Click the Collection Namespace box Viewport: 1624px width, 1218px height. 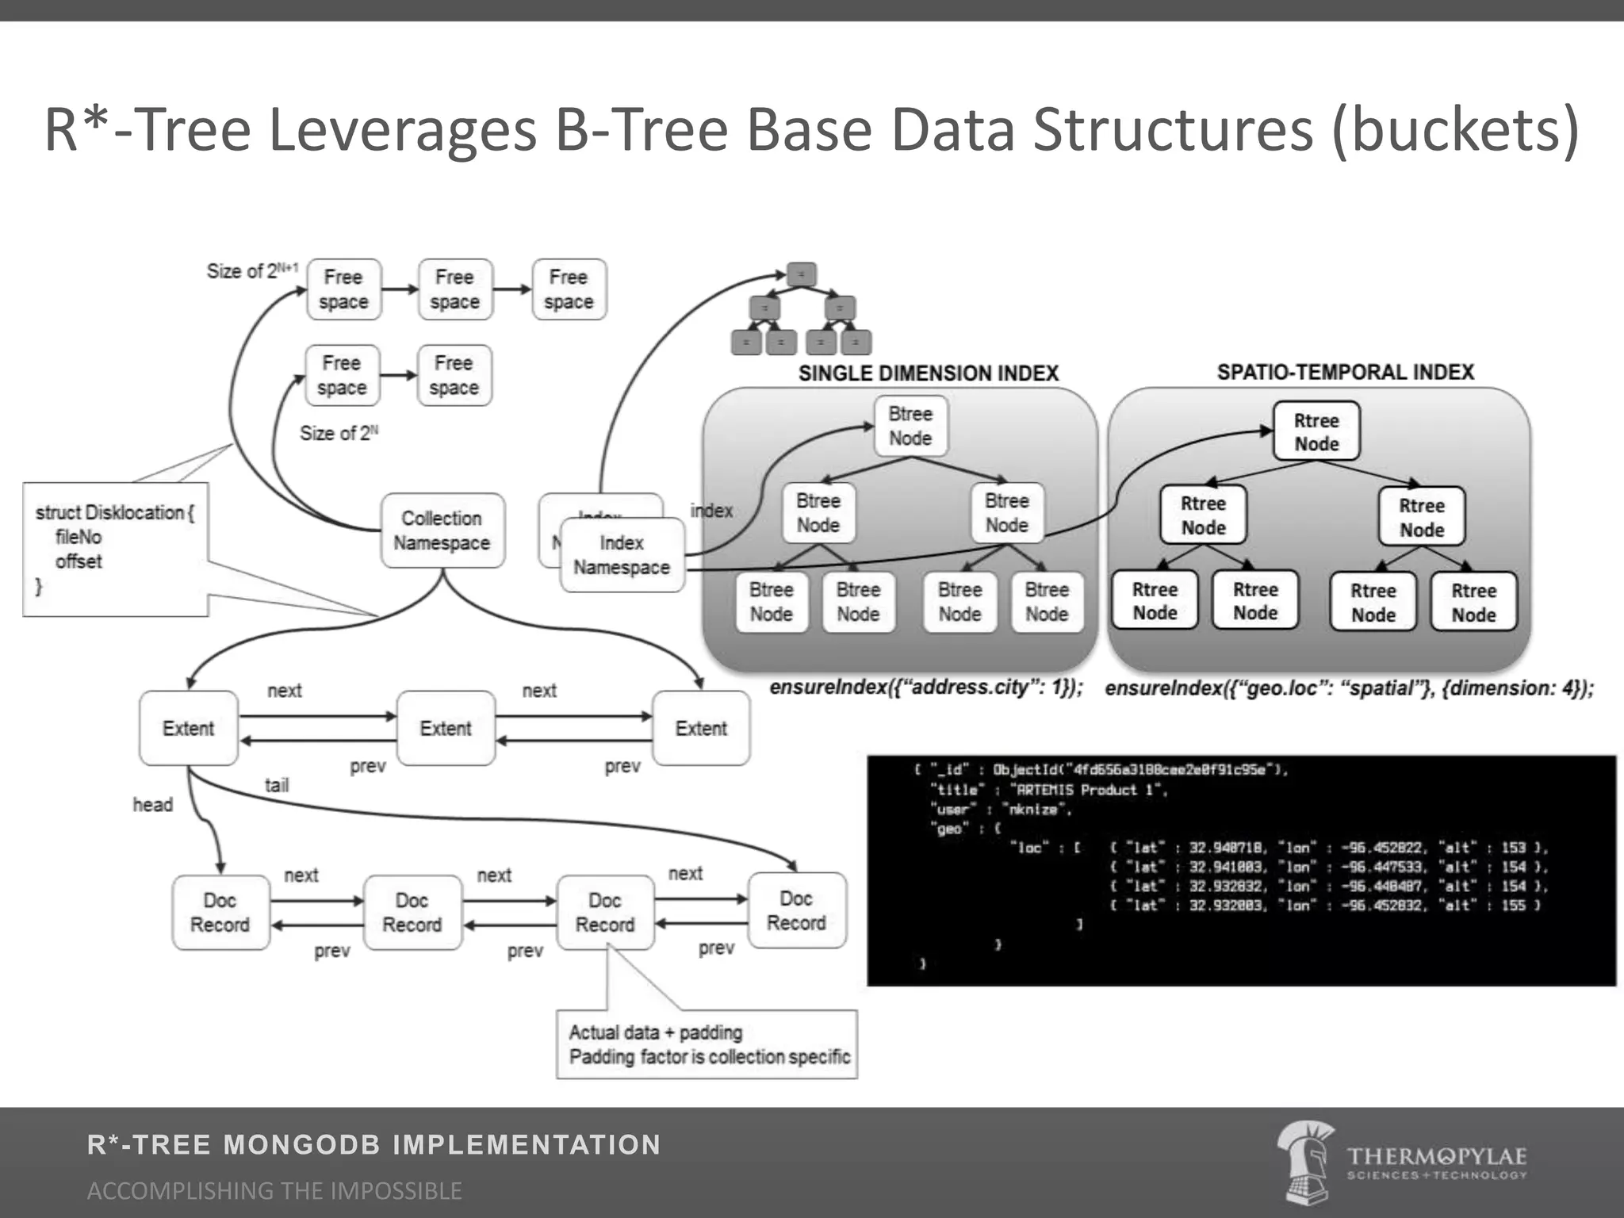click(x=442, y=530)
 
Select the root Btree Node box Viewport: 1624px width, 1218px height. click(x=910, y=427)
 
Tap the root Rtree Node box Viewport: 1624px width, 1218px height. click(x=1316, y=431)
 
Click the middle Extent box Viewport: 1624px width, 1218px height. click(x=446, y=728)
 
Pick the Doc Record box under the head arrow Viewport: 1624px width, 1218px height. click(x=220, y=913)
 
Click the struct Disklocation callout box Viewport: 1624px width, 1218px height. click(x=116, y=550)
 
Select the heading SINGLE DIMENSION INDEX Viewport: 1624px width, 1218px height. click(x=928, y=373)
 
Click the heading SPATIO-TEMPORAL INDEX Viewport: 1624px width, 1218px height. click(x=1345, y=373)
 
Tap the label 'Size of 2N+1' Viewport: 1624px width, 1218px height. click(x=252, y=271)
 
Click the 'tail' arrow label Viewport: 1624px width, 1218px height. click(x=277, y=785)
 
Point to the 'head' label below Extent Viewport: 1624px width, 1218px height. click(x=152, y=805)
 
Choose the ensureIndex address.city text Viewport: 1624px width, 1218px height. click(x=926, y=688)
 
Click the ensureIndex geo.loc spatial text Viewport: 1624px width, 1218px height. click(x=1348, y=688)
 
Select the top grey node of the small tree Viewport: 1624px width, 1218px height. click(x=801, y=274)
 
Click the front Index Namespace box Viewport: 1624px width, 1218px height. click(x=622, y=555)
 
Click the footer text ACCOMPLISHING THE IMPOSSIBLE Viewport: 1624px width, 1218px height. click(x=274, y=1190)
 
